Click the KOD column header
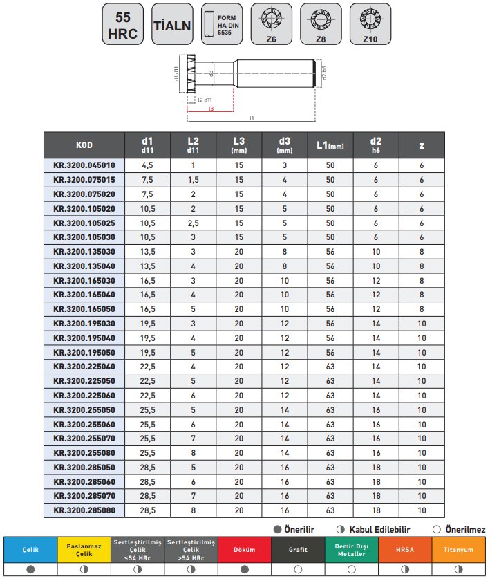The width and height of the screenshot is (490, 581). (x=84, y=145)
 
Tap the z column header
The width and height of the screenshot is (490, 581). (x=422, y=145)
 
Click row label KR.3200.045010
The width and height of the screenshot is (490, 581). (x=84, y=166)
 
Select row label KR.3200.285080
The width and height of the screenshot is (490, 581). (x=84, y=510)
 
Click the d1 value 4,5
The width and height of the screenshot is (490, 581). (x=147, y=166)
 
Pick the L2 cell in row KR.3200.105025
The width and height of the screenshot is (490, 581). (x=193, y=223)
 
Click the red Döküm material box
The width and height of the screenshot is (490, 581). (x=245, y=550)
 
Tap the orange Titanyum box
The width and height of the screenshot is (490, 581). (x=459, y=550)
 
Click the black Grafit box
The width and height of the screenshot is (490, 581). (x=298, y=550)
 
